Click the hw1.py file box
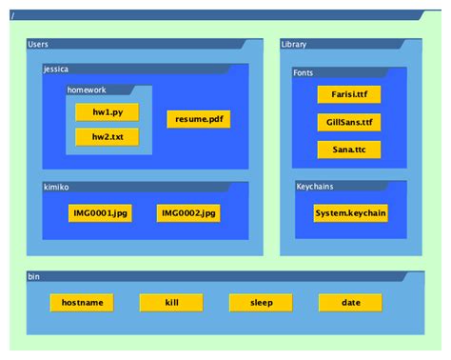107,112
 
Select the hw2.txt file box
107,137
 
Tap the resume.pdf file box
199,119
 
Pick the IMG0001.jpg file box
100,212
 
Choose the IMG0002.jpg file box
188,212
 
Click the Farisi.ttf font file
349,95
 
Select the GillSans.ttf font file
349,122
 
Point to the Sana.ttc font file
349,150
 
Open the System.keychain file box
350,212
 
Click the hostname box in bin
82,303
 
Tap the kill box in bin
171,303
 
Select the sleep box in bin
261,303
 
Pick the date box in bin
350,303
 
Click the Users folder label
39,45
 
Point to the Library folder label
294,45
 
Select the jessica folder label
57,69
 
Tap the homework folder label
87,90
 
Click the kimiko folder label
56,188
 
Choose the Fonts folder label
304,71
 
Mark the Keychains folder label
314,187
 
